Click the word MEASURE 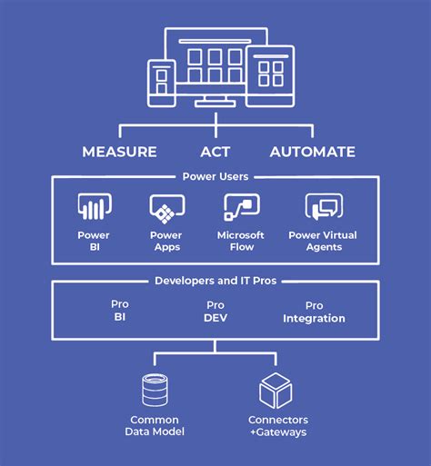click(x=119, y=152)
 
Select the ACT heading click(x=215, y=152)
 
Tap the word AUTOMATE click(x=312, y=152)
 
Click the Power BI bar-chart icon click(x=94, y=208)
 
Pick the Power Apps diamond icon click(x=166, y=209)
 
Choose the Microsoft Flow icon click(x=241, y=208)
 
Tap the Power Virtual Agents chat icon click(x=322, y=208)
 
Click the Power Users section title click(x=215, y=177)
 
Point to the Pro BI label click(x=120, y=312)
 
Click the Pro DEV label click(x=215, y=312)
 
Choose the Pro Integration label click(x=314, y=312)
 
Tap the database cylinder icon click(x=155, y=390)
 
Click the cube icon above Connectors click(x=276, y=390)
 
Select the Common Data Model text click(x=155, y=425)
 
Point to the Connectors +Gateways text click(x=277, y=425)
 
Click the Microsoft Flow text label click(x=241, y=241)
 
